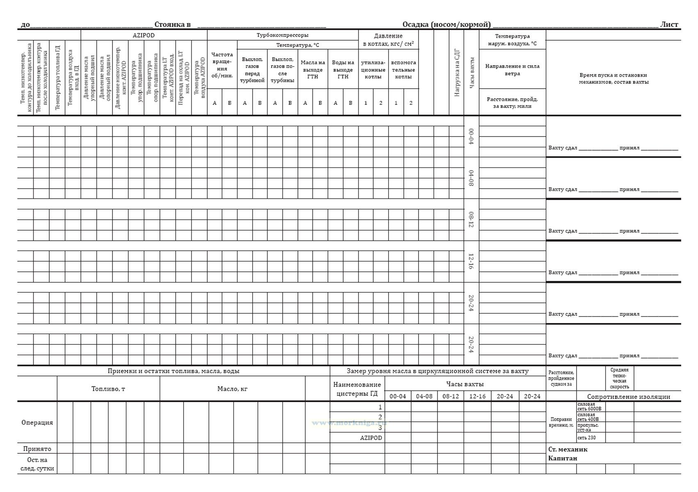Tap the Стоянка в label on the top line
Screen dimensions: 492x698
[x=172, y=25]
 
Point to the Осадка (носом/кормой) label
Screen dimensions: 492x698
[x=446, y=25]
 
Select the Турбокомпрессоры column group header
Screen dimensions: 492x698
[x=282, y=35]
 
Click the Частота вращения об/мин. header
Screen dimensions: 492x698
[x=222, y=65]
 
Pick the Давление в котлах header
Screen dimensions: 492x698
[x=388, y=40]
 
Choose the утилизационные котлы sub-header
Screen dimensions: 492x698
[x=373, y=69]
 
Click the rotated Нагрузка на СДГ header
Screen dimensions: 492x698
[x=456, y=73]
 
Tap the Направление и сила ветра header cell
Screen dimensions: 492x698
[x=512, y=70]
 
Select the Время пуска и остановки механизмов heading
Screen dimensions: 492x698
[x=613, y=78]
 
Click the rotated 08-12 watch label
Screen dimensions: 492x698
[x=471, y=220]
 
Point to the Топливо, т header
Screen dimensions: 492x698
[x=108, y=389]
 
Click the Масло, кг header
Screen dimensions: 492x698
[x=232, y=389]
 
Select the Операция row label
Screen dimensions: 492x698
[x=37, y=422]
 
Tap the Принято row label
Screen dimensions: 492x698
[x=37, y=449]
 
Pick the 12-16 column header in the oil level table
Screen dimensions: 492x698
[x=477, y=396]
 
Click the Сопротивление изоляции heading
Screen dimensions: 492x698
[x=628, y=396]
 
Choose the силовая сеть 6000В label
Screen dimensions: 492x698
[x=589, y=406]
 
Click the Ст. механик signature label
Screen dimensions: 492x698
[x=568, y=449]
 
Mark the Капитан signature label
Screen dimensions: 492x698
[x=563, y=458]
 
